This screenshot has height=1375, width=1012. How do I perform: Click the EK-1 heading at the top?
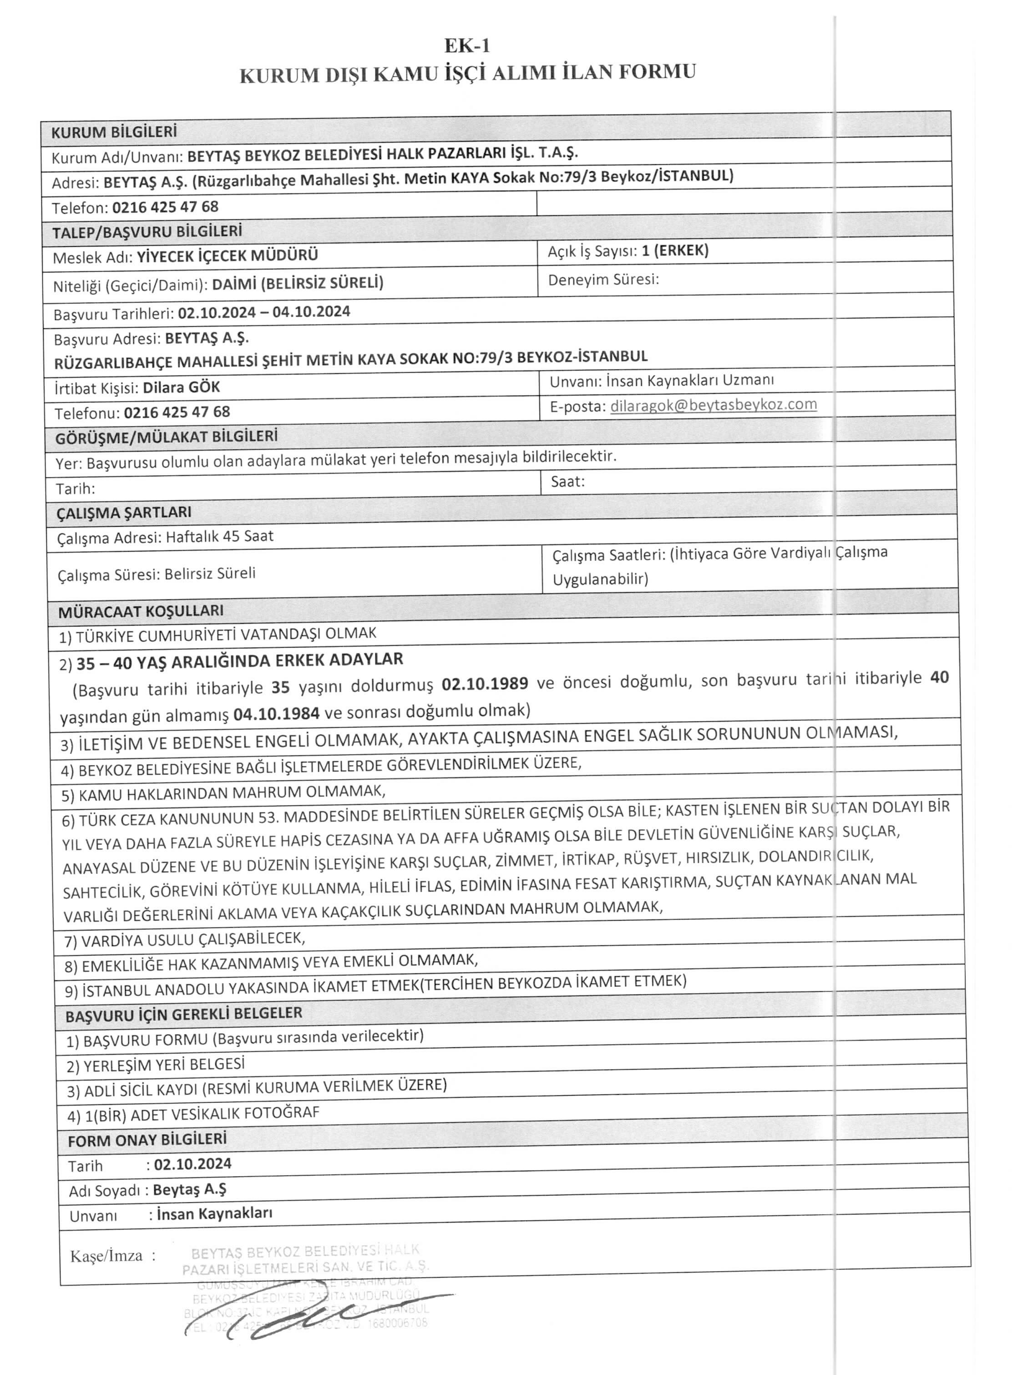(467, 46)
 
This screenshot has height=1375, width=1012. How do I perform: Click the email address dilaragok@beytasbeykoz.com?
(713, 405)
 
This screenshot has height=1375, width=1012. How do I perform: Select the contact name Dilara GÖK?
(181, 387)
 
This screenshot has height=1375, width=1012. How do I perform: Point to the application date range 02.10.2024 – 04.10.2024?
(264, 312)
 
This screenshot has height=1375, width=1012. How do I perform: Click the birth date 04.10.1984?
(276, 713)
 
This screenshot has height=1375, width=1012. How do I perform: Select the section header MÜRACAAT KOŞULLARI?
(141, 611)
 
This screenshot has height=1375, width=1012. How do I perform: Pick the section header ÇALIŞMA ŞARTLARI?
(124, 512)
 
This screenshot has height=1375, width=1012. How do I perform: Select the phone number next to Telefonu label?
(177, 412)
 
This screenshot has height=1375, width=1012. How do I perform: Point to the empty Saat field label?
(567, 482)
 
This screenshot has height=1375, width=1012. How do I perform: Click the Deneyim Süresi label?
(603, 279)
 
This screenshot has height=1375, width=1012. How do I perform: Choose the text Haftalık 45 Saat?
(219, 537)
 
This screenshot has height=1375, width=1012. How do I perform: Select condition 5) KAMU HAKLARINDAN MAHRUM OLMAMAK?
(223, 793)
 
